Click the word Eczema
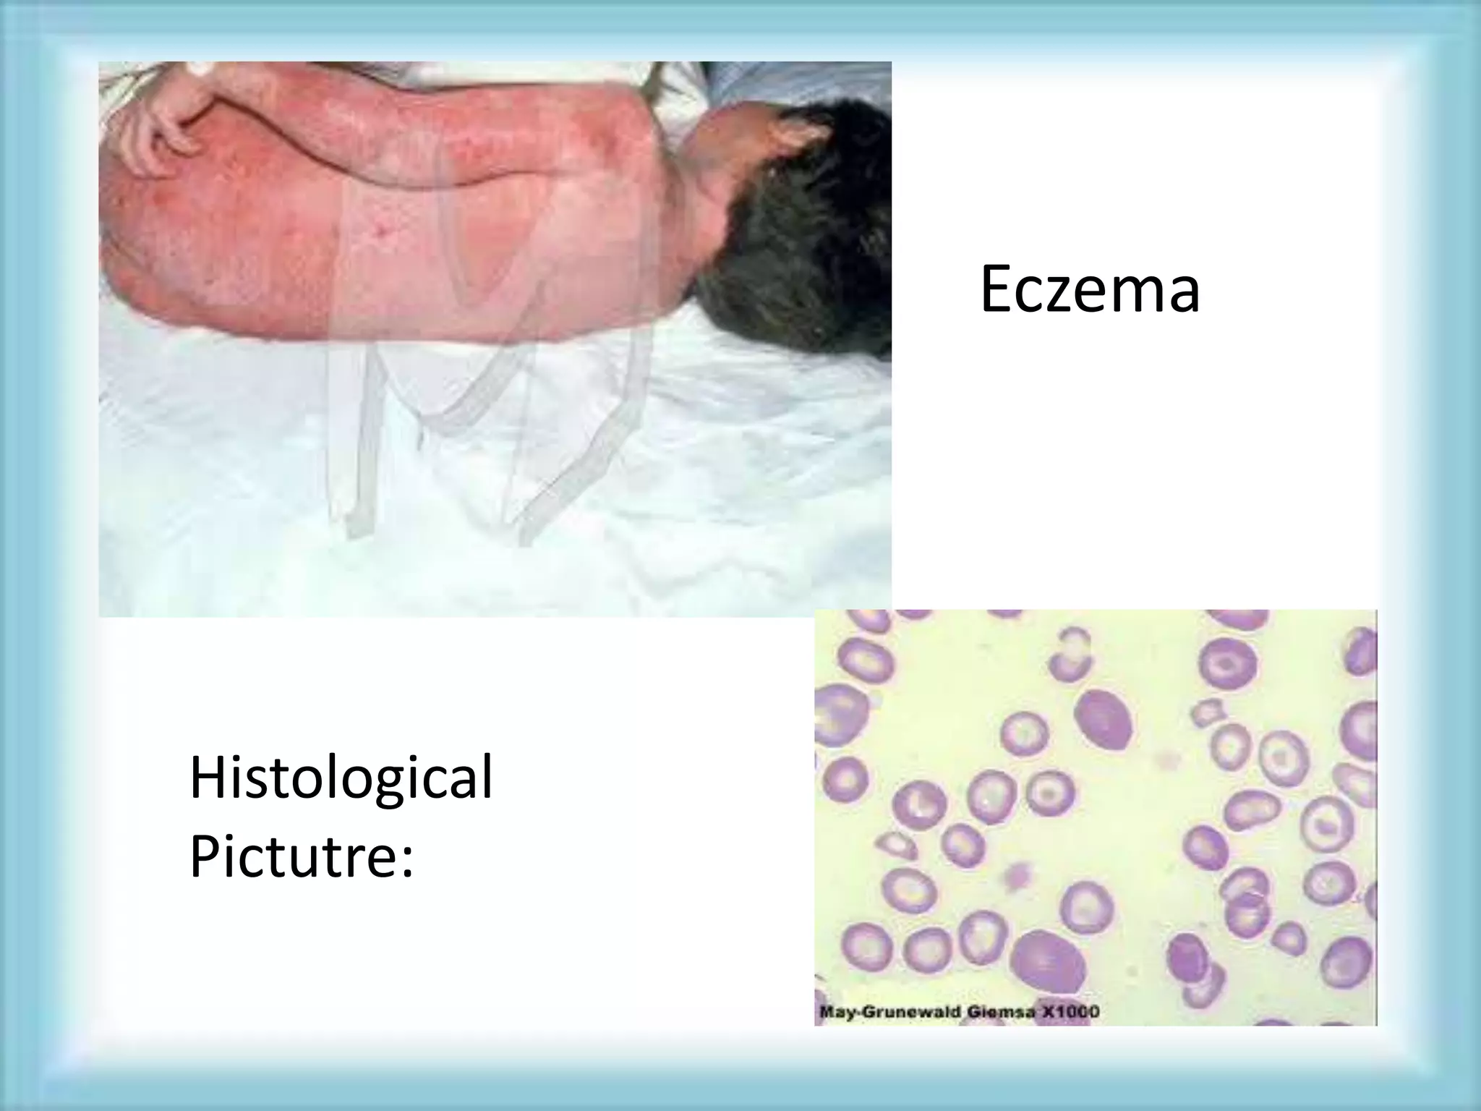pyautogui.click(x=1089, y=291)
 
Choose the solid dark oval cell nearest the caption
pyautogui.click(x=1047, y=963)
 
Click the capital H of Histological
pyautogui.click(x=205, y=777)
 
